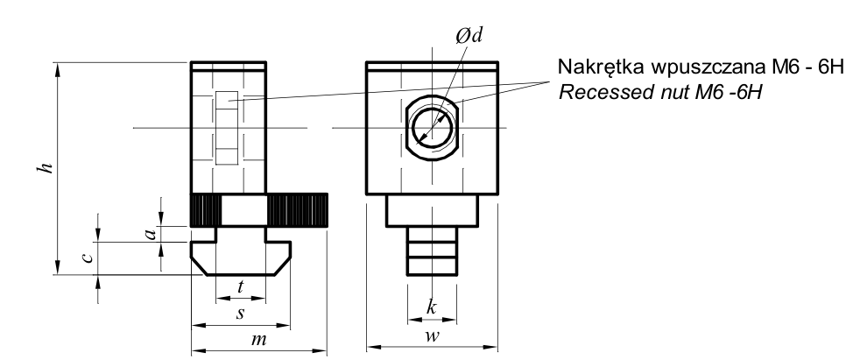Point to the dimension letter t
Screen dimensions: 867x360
point(241,287)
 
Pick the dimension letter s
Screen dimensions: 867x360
point(240,314)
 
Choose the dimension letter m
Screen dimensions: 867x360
point(258,339)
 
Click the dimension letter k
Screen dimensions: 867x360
point(431,307)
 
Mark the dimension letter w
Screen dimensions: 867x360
point(432,335)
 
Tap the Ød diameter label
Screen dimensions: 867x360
point(469,35)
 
